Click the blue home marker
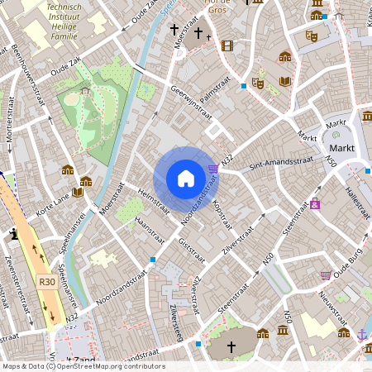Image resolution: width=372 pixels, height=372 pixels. [x=185, y=178]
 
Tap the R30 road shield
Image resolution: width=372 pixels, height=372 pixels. [x=46, y=282]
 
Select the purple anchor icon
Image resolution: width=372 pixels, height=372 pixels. [x=362, y=334]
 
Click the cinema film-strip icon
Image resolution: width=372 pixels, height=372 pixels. [x=227, y=45]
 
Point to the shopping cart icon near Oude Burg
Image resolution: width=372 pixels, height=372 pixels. [x=326, y=275]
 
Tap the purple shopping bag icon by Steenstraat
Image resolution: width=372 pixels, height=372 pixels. [x=315, y=203]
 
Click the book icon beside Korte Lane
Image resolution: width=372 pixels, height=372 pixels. [x=78, y=192]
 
